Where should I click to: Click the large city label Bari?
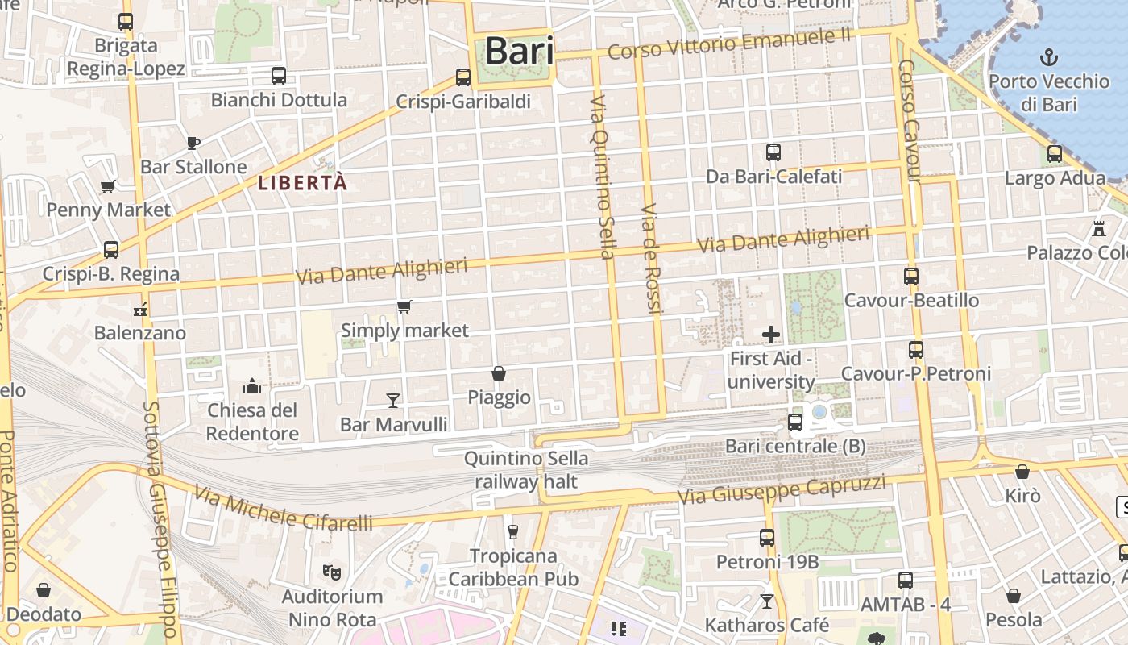tap(520, 51)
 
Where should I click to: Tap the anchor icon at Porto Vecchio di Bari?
tap(1049, 56)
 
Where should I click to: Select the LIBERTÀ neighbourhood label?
tap(302, 183)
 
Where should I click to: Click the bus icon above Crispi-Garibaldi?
tap(463, 77)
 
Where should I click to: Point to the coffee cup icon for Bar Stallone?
tap(193, 143)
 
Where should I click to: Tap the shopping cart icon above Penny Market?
tap(107, 186)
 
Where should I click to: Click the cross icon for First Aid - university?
tap(771, 334)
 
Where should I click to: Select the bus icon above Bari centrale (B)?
tap(795, 422)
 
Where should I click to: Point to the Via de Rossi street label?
tap(651, 260)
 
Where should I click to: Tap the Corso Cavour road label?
tap(910, 121)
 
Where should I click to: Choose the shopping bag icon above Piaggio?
tap(499, 373)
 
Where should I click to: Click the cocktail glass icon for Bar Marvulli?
tap(393, 400)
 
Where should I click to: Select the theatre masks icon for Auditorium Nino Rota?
tap(330, 572)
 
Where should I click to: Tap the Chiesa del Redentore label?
tap(252, 421)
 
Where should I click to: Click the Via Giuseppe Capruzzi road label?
tap(782, 490)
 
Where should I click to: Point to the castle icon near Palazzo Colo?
tap(1099, 229)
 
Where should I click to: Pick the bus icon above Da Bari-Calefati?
tap(773, 152)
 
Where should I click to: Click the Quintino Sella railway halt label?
tap(526, 470)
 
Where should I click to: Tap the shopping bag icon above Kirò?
tap(1022, 472)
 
